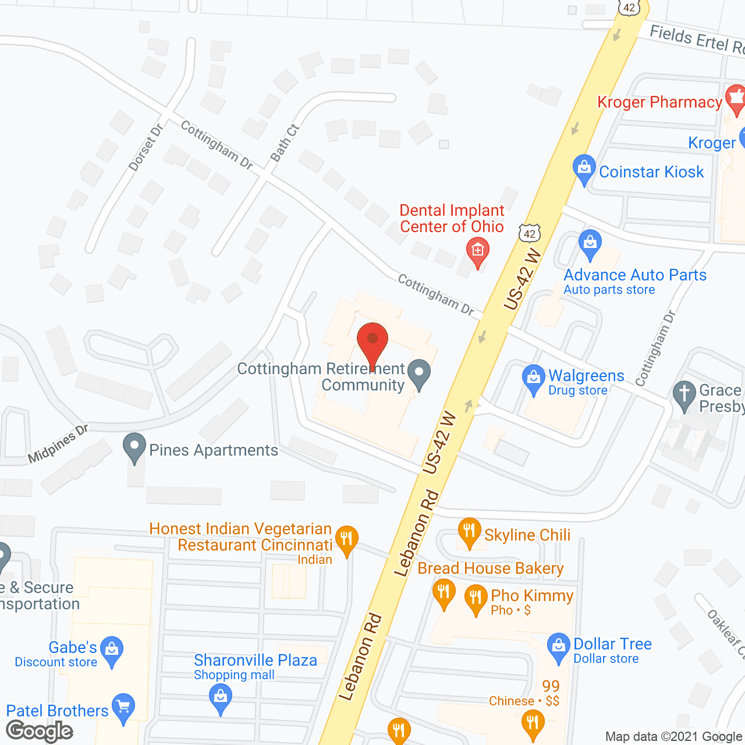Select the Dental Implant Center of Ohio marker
click(478, 251)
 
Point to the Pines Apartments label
click(214, 450)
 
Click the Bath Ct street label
click(285, 143)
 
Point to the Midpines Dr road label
click(58, 445)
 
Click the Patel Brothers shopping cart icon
click(123, 707)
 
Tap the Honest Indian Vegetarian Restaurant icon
click(346, 540)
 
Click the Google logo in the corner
click(40, 731)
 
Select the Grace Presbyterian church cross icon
click(684, 394)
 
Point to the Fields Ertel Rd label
click(696, 40)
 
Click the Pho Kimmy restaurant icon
click(476, 599)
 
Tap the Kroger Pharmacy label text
click(659, 102)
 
